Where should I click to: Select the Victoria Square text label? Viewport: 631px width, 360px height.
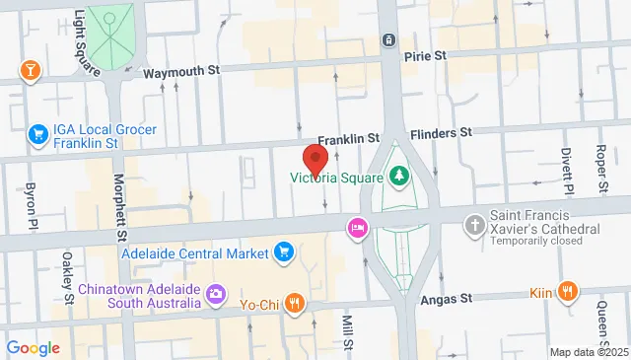[335, 179]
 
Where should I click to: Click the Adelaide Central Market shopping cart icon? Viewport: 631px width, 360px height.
[284, 252]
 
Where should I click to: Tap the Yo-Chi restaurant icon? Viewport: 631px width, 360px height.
[294, 304]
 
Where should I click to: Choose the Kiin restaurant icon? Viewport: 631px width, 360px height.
[567, 291]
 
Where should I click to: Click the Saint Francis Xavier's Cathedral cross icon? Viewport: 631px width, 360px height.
[475, 224]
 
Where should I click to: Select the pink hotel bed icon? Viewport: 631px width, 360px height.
[357, 229]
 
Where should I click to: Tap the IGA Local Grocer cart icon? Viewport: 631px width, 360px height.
[38, 133]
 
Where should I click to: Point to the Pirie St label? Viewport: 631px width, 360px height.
[427, 57]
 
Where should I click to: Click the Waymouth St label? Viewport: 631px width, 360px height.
[180, 73]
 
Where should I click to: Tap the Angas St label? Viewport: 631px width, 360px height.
[448, 298]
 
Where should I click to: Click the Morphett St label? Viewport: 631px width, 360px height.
[120, 208]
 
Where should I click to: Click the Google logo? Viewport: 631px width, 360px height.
[33, 348]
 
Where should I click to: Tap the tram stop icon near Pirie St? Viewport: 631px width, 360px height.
[389, 39]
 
